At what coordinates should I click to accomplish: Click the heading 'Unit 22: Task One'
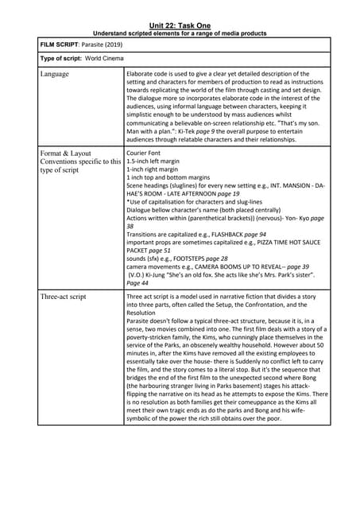coord(180,25)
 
